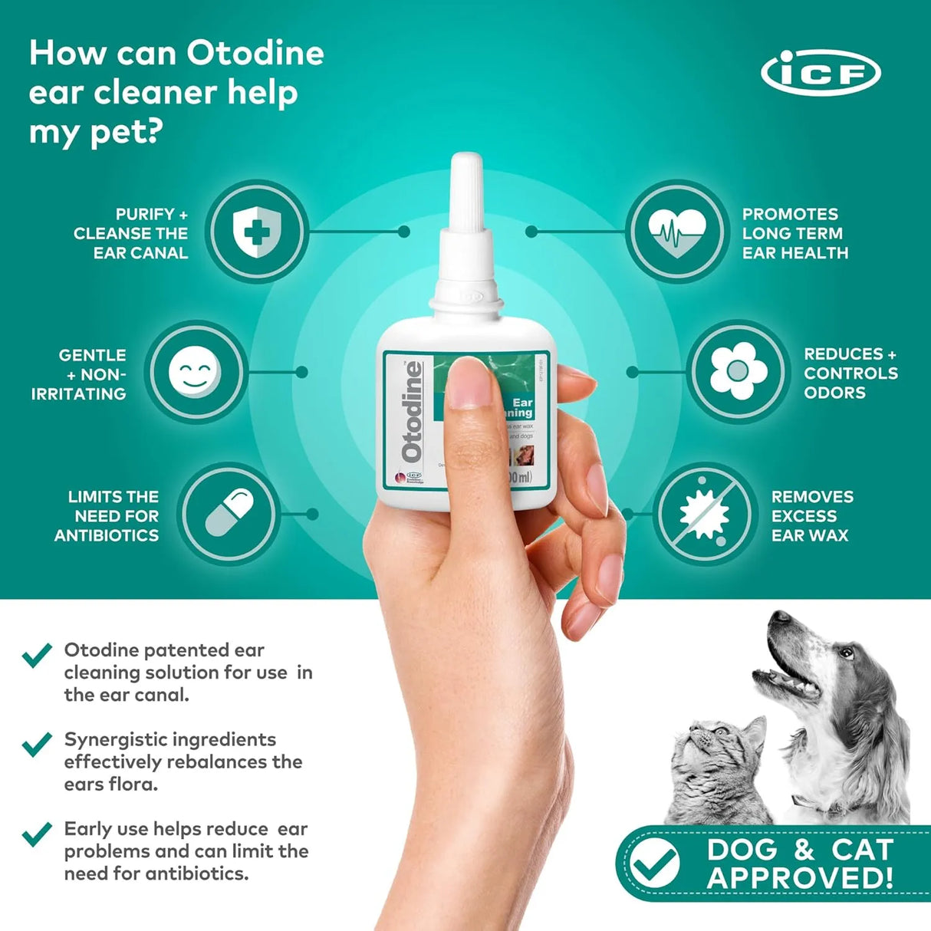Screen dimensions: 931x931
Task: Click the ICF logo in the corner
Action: [821, 74]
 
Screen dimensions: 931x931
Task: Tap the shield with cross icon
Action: [257, 231]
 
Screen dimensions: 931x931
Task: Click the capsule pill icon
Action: [229, 513]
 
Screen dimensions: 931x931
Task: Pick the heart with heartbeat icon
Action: [676, 231]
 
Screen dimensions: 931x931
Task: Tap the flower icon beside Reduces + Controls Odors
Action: [738, 372]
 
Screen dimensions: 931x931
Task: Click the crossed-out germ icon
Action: [705, 513]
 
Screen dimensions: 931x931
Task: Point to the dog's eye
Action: [845, 653]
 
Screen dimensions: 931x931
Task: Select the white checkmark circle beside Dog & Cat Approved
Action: [654, 863]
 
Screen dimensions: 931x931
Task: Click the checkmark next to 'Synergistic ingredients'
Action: [37, 743]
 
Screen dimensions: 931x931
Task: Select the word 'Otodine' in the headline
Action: [255, 53]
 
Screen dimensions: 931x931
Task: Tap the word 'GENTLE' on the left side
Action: [92, 355]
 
